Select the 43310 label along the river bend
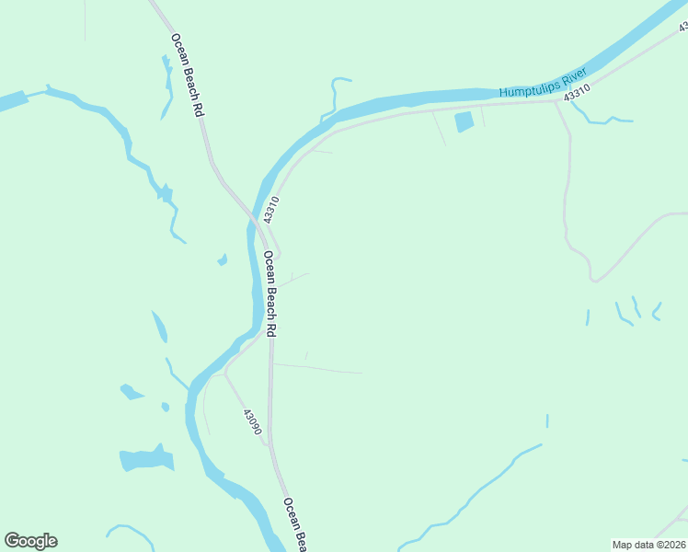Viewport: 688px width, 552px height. (x=269, y=209)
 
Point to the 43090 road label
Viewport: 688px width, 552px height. (x=253, y=422)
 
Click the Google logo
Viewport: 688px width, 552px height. (x=30, y=541)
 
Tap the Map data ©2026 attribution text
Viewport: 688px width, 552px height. (x=648, y=544)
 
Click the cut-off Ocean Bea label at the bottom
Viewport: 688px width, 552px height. (x=294, y=525)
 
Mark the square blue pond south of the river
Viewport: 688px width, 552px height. (x=464, y=121)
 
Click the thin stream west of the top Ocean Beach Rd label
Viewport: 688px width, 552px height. (x=167, y=87)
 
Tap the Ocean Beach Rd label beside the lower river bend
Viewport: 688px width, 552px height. (x=270, y=293)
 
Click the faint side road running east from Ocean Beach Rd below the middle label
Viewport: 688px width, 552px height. (x=317, y=369)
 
